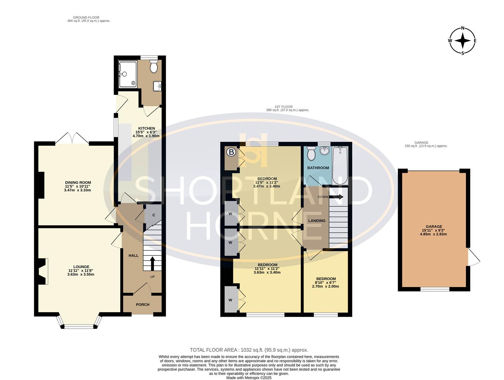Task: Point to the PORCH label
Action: pyautogui.click(x=142, y=305)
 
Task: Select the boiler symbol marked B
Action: pyautogui.click(x=231, y=152)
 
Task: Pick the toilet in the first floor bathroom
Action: pyautogui.click(x=311, y=154)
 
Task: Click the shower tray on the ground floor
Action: pyautogui.click(x=128, y=74)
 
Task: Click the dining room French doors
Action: pyautogui.click(x=72, y=139)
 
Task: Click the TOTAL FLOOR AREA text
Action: pyautogui.click(x=249, y=350)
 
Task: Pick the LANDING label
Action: pyautogui.click(x=317, y=221)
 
